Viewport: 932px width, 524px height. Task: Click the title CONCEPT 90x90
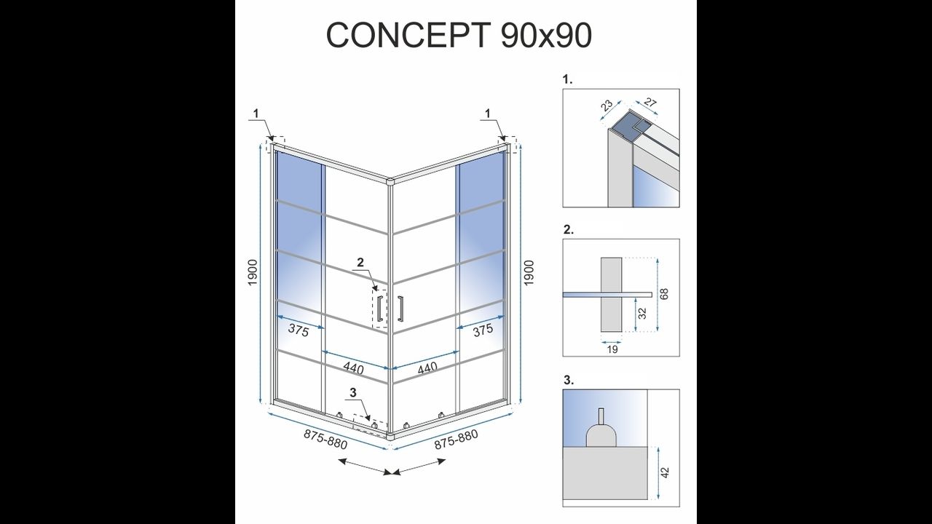[x=459, y=35]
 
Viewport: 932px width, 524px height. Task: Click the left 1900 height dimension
[x=253, y=272]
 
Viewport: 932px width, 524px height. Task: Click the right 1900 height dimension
[x=529, y=272]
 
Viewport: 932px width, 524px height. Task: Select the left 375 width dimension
[x=299, y=330]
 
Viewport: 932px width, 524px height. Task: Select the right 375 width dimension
[x=483, y=330]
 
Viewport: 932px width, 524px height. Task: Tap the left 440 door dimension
[x=354, y=368]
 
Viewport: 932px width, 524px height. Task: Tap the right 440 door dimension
[x=427, y=368]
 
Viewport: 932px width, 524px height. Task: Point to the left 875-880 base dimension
[x=325, y=439]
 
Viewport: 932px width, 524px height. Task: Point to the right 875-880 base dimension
[x=456, y=439]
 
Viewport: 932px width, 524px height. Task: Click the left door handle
[x=379, y=309]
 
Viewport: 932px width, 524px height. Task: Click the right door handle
[x=400, y=309]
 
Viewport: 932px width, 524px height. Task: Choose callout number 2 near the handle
[x=360, y=262]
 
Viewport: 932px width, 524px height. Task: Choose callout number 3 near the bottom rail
[x=353, y=392]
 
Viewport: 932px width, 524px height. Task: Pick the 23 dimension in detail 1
[x=607, y=106]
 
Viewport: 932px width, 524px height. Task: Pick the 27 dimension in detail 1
[x=649, y=102]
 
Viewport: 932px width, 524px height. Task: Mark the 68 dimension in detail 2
[x=664, y=293]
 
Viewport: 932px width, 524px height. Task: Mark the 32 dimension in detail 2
[x=643, y=313]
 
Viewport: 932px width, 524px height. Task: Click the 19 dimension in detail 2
[x=612, y=349]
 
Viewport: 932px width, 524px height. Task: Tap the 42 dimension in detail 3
[x=665, y=472]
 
